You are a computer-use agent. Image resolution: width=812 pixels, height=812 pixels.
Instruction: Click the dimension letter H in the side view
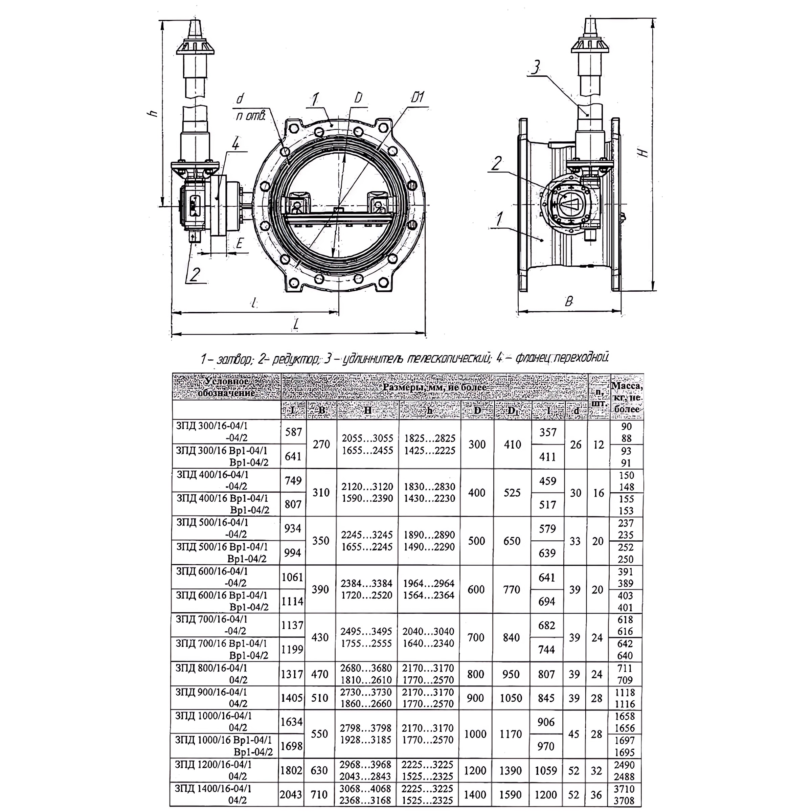click(644, 153)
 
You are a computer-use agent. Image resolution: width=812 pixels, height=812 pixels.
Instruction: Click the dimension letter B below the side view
click(569, 301)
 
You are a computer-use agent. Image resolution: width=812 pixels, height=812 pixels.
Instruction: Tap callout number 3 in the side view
click(535, 67)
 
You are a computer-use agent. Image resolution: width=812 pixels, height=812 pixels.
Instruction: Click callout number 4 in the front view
click(235, 144)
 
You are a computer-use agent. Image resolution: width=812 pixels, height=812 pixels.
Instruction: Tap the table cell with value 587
click(293, 432)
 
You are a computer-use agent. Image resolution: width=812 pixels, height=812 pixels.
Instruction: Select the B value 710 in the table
click(319, 794)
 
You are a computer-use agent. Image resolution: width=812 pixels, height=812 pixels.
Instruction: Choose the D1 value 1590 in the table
click(511, 794)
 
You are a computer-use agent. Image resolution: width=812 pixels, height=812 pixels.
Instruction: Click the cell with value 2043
click(291, 794)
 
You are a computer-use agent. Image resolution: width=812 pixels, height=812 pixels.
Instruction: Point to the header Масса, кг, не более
click(627, 397)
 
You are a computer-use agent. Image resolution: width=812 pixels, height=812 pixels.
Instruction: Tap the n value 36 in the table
click(596, 794)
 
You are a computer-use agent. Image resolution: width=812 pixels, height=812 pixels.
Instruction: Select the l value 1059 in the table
click(546, 770)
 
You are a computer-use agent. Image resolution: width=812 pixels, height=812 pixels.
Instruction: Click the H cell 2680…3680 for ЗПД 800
click(366, 668)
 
